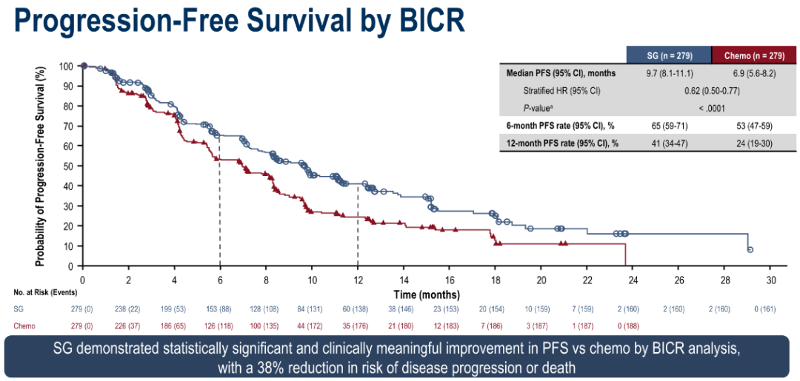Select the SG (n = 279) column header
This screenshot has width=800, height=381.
[x=668, y=55]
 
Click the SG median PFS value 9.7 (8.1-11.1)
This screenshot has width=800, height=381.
[x=668, y=74]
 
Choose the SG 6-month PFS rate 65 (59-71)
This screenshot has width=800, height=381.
[x=668, y=125]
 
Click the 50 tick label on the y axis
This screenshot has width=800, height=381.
[x=67, y=166]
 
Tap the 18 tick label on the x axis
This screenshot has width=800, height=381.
[x=495, y=280]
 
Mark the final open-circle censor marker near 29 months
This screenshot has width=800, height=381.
[x=750, y=250]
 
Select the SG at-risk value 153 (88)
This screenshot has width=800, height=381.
[x=220, y=309]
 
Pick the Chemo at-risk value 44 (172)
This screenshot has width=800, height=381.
[x=312, y=325]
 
